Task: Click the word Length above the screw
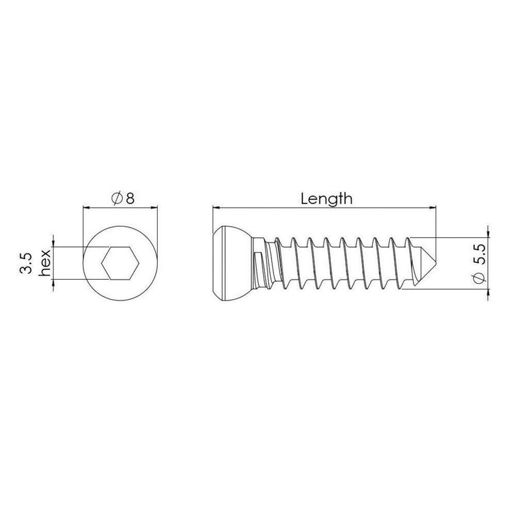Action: pos(326,199)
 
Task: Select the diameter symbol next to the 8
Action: pos(117,198)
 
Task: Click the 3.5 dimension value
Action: pos(26,264)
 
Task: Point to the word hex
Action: pos(45,263)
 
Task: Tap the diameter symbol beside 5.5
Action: pos(480,279)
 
